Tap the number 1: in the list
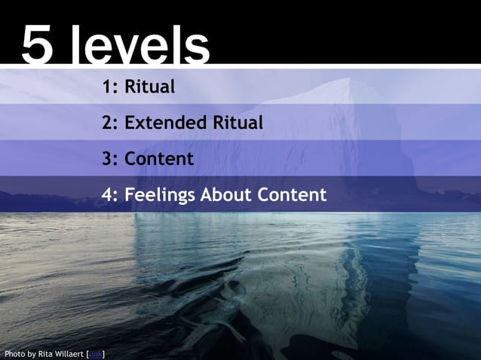point(111,87)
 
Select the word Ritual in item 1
point(149,87)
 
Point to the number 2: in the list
point(111,123)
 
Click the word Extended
point(161,123)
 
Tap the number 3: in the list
point(111,159)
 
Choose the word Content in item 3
point(159,159)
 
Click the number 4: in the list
point(111,195)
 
